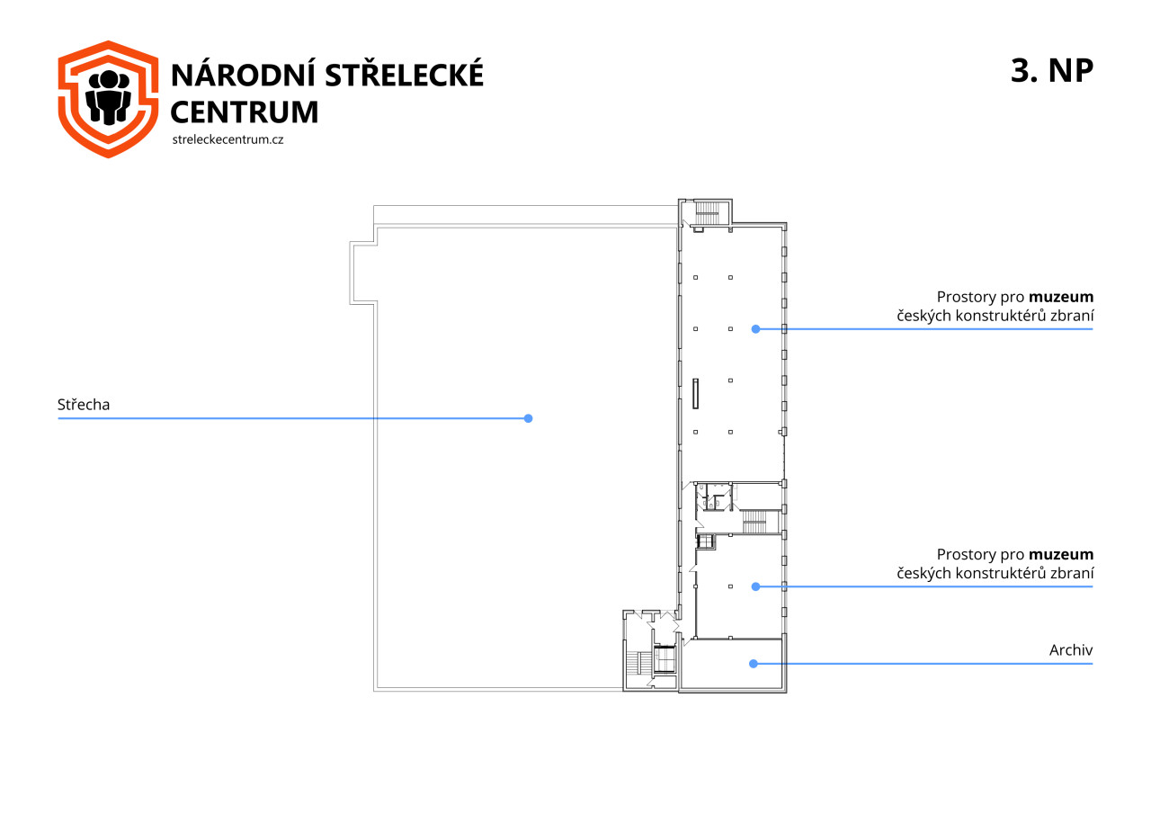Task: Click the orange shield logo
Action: (108, 99)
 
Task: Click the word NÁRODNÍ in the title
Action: (243, 74)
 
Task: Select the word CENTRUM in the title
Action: (244, 112)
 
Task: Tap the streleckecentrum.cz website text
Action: (228, 139)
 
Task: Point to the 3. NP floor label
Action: (1052, 70)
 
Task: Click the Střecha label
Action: (84, 405)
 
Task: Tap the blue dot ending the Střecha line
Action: (528, 419)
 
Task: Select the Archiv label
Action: (1071, 650)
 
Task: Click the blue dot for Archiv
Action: (754, 664)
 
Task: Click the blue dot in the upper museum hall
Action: (756, 329)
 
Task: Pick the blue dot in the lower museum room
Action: (756, 586)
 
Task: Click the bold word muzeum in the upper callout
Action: (1061, 298)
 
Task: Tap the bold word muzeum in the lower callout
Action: (1061, 555)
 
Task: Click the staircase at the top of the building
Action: (707, 213)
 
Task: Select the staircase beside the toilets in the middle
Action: (754, 522)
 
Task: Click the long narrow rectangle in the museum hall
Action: (696, 394)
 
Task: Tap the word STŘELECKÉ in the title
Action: (405, 74)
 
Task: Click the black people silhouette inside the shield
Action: (108, 98)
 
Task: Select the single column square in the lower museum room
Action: (731, 586)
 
